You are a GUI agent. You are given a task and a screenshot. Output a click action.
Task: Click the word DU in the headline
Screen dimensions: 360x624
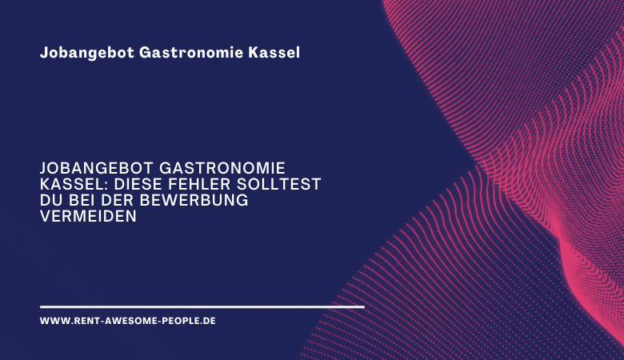click(x=50, y=200)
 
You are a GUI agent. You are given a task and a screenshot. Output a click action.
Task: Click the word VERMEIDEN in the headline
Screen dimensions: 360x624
click(x=88, y=216)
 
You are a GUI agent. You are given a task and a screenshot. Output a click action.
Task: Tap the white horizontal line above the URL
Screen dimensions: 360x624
click(x=202, y=306)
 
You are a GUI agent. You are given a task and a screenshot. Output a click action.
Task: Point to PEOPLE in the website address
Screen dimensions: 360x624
click(x=182, y=320)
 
